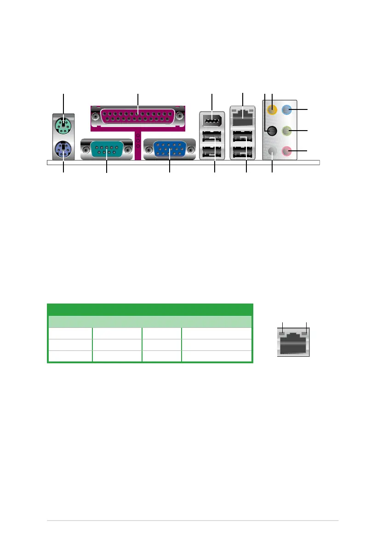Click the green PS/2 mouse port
pos(63,125)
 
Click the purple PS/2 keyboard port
pos(63,149)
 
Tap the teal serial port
pos(106,150)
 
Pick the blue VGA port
pos(169,150)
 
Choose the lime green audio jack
pos(286,131)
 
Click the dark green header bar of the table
pos(150,309)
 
